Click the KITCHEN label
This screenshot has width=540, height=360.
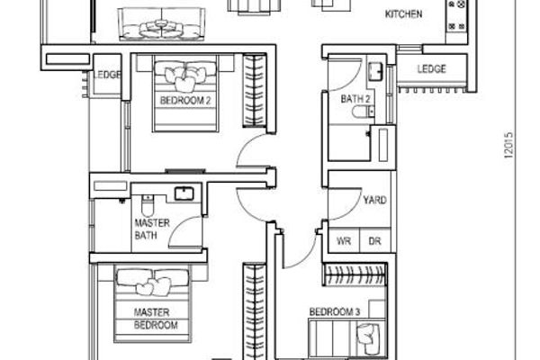[403, 14]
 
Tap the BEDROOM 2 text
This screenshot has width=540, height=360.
[185, 101]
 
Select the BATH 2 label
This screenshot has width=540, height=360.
[355, 99]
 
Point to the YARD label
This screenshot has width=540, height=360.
[374, 200]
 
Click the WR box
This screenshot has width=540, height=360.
[344, 240]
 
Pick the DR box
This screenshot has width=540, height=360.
[375, 240]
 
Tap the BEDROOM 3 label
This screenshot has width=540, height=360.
[335, 312]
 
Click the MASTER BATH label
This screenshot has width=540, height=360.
[152, 229]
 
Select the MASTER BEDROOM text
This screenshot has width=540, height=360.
[156, 319]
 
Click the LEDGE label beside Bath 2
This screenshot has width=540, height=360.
[431, 69]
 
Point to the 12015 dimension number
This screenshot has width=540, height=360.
[508, 145]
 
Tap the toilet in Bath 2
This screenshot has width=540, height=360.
[363, 112]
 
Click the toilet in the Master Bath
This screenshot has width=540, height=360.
[148, 206]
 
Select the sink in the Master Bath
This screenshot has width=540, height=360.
[184, 193]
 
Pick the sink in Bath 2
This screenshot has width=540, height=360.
[375, 72]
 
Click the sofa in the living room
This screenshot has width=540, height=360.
[161, 24]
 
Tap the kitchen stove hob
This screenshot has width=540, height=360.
[457, 16]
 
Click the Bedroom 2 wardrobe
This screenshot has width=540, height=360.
[255, 91]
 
